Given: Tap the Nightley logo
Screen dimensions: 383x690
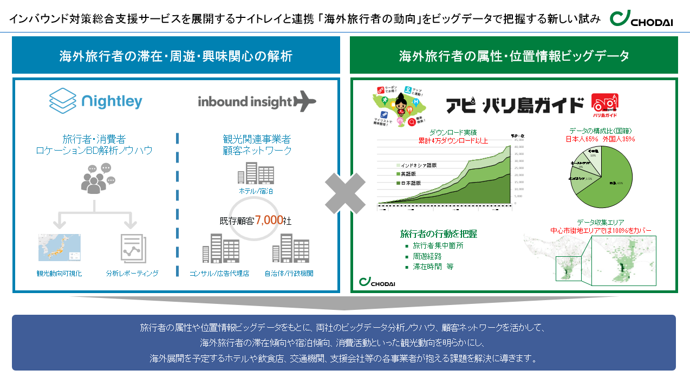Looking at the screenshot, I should point(96,100).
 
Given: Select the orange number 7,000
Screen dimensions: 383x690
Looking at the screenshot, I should point(269,220).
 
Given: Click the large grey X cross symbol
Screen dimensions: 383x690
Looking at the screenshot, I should point(345,193).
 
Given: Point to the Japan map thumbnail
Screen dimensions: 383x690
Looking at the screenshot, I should point(59,248).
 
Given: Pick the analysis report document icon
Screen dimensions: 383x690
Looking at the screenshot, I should point(132,249).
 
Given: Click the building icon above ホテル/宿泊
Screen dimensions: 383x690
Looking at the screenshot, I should point(255,173).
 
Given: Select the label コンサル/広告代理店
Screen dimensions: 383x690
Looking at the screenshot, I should point(219,274).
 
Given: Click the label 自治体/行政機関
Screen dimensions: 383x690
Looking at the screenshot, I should point(289,274).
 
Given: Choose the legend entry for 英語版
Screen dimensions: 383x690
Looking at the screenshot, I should point(410,174).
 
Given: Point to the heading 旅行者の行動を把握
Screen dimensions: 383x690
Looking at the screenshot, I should point(438,234).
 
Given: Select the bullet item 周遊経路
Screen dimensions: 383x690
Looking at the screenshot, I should point(427,256).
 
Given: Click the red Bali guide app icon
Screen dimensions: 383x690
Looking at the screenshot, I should point(604,105).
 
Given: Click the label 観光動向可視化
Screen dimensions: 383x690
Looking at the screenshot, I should point(59,274).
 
